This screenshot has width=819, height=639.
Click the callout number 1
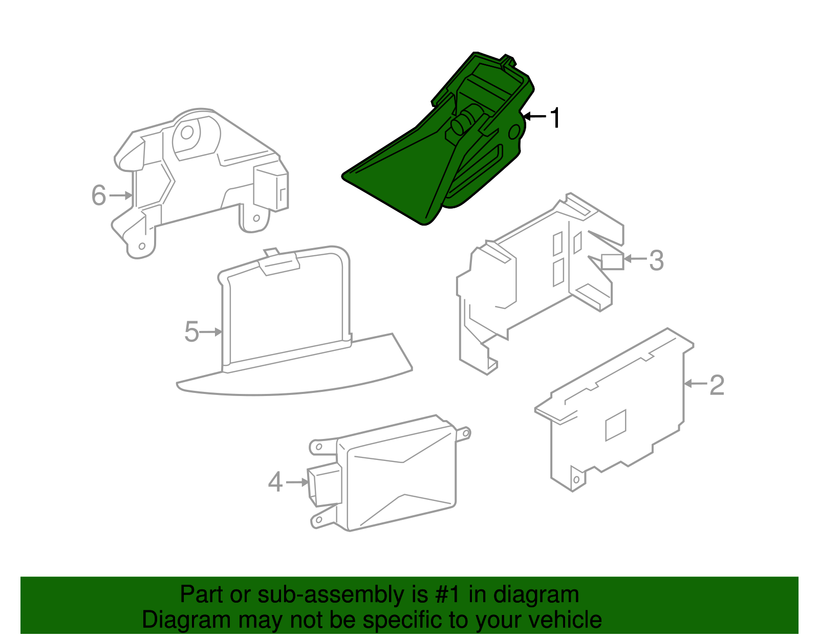[x=555, y=118]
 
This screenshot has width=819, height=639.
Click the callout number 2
[x=717, y=385]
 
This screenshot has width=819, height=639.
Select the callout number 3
[x=656, y=260]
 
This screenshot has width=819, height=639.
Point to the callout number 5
[x=191, y=332]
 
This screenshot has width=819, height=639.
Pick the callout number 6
[x=99, y=195]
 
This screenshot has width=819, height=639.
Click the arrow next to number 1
[x=534, y=116]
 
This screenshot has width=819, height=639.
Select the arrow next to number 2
[x=695, y=384]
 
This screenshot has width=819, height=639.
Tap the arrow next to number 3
[x=635, y=259]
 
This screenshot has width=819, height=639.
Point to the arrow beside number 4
[x=297, y=482]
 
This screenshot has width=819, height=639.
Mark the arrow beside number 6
[x=121, y=195]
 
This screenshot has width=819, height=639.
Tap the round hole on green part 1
[x=514, y=132]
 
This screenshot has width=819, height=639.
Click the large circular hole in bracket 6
[x=187, y=132]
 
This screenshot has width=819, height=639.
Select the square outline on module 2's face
[x=615, y=425]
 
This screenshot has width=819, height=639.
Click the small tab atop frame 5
[x=271, y=252]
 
